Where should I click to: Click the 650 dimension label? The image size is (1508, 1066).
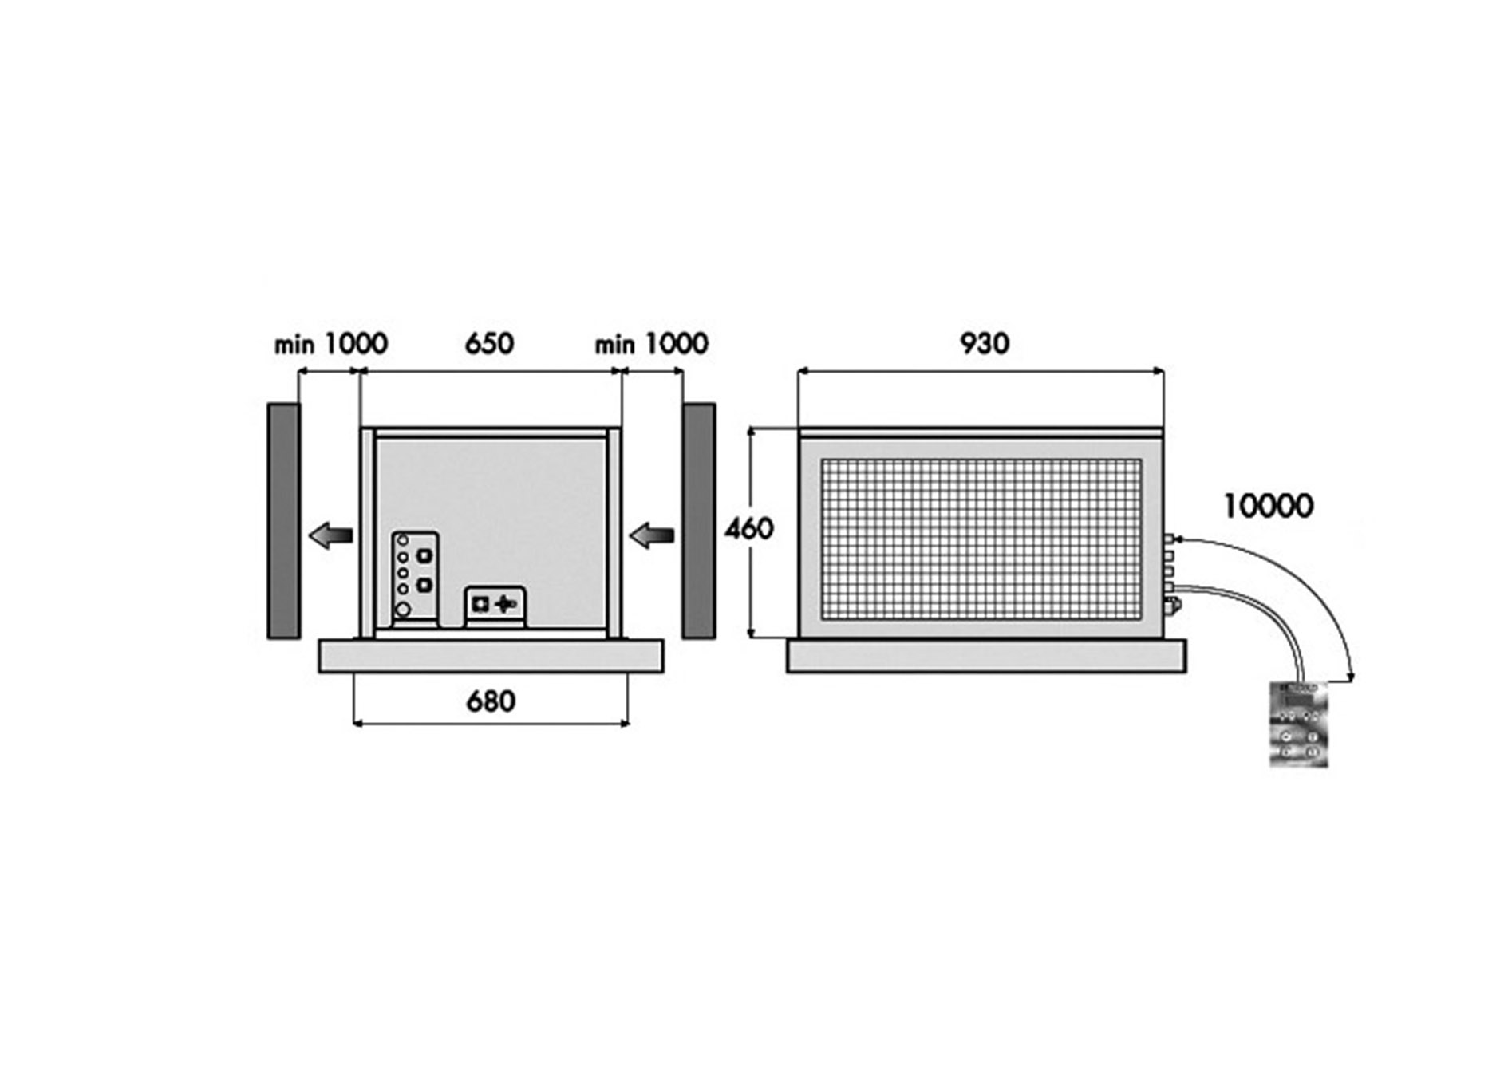(x=489, y=344)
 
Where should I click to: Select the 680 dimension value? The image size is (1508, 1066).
(x=490, y=701)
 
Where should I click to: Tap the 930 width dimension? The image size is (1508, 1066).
(x=984, y=343)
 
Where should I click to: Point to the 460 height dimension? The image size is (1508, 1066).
(x=748, y=528)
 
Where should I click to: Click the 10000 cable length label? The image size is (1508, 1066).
(x=1268, y=506)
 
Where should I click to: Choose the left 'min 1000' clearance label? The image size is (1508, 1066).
(x=330, y=344)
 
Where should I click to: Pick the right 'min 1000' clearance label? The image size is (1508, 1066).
(x=651, y=344)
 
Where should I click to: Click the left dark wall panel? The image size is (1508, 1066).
(x=283, y=520)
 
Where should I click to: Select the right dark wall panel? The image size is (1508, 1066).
(x=698, y=520)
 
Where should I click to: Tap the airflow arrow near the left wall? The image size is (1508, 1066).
(x=330, y=535)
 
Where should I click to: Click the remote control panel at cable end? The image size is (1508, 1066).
(x=1298, y=724)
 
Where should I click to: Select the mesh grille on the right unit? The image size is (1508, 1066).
(x=981, y=539)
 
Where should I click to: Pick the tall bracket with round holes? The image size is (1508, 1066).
(x=414, y=578)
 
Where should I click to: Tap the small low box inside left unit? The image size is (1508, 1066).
(x=495, y=606)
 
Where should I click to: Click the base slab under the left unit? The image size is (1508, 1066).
(x=491, y=656)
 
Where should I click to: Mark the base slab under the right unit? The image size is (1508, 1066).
(x=985, y=656)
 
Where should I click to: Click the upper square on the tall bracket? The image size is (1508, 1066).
(x=424, y=555)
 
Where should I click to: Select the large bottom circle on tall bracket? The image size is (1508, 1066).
(x=404, y=610)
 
